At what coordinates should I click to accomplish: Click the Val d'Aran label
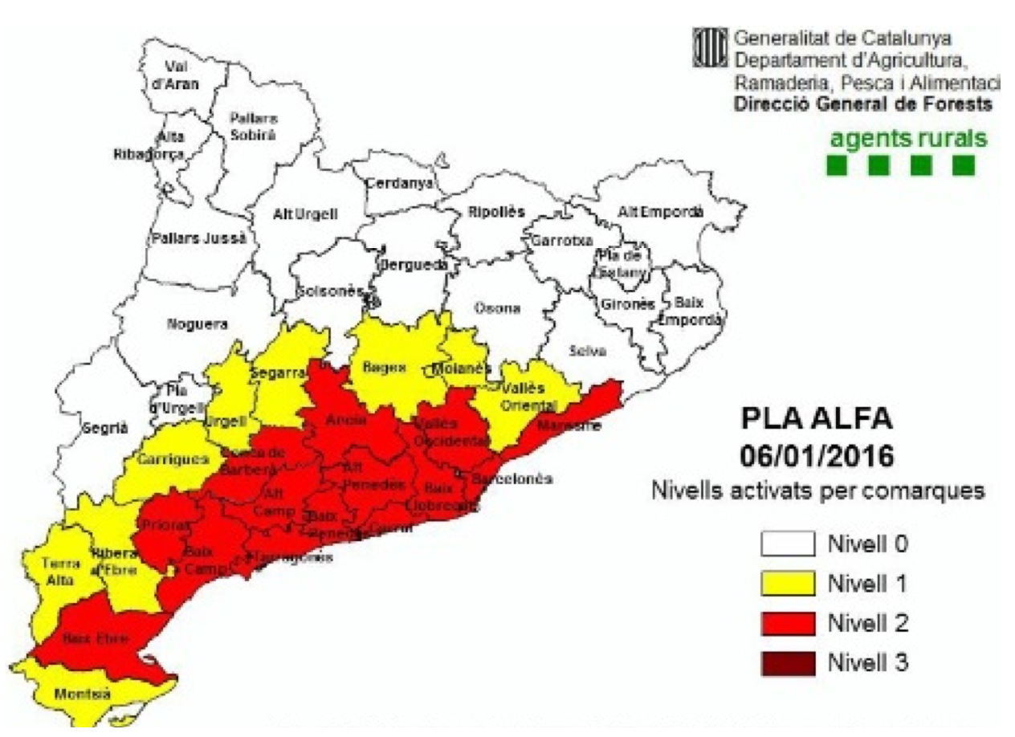181,75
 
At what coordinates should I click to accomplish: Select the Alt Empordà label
660,212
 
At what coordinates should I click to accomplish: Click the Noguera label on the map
198,324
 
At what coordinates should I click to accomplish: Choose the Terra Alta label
59,570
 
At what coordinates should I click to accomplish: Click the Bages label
385,367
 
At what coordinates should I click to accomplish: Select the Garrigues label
161,459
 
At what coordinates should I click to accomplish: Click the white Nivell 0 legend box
787,544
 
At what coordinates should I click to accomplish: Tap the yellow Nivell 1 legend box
787,584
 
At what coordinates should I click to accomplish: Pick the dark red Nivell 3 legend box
787,663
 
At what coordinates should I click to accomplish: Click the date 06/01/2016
817,456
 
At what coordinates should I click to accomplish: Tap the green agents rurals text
908,139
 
